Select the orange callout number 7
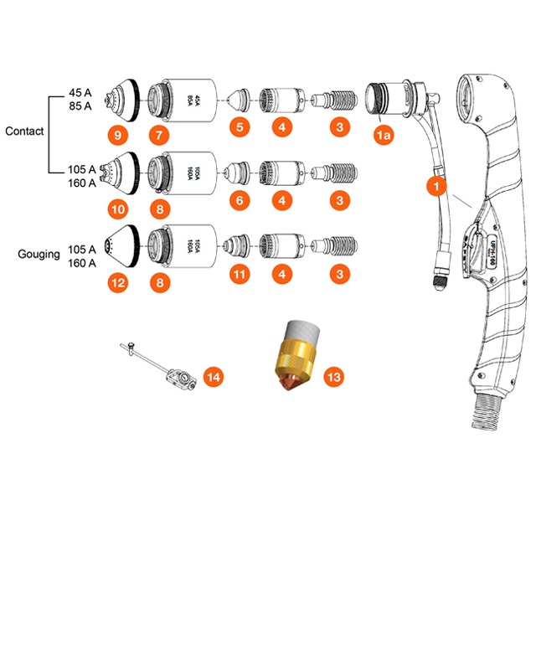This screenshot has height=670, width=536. (x=160, y=134)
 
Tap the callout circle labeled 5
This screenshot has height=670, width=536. (x=240, y=127)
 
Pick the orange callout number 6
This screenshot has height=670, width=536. (x=240, y=201)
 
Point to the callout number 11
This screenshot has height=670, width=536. (x=240, y=274)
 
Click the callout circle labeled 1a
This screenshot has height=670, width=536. (x=384, y=135)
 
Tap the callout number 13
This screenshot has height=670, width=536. (x=333, y=378)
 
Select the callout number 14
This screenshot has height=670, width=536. (x=214, y=379)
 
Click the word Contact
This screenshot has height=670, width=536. (x=24, y=131)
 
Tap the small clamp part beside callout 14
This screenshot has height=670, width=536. (x=178, y=380)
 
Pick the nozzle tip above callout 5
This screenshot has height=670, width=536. (x=240, y=100)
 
